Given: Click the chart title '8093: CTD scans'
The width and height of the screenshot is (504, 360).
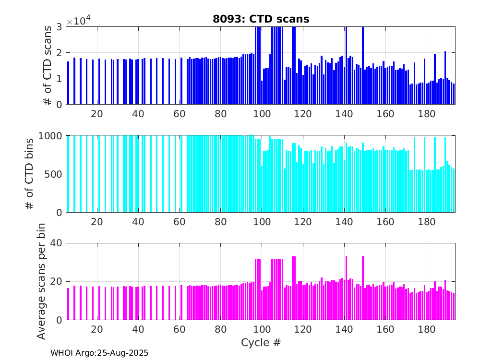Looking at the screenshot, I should pyautogui.click(x=261, y=19).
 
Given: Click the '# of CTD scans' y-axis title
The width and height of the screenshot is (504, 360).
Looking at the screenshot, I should pyautogui.click(x=48, y=65).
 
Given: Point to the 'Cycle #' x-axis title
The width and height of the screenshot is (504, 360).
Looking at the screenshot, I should pyautogui.click(x=261, y=342).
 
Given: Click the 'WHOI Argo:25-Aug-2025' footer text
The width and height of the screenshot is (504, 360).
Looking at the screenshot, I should pyautogui.click(x=99, y=353).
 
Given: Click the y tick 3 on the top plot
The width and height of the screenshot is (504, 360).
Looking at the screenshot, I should pyautogui.click(x=59, y=27).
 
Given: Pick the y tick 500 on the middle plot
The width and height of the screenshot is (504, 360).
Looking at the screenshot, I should pyautogui.click(x=53, y=174).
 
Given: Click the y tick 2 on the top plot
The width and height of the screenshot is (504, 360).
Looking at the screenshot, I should pyautogui.click(x=59, y=53).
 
